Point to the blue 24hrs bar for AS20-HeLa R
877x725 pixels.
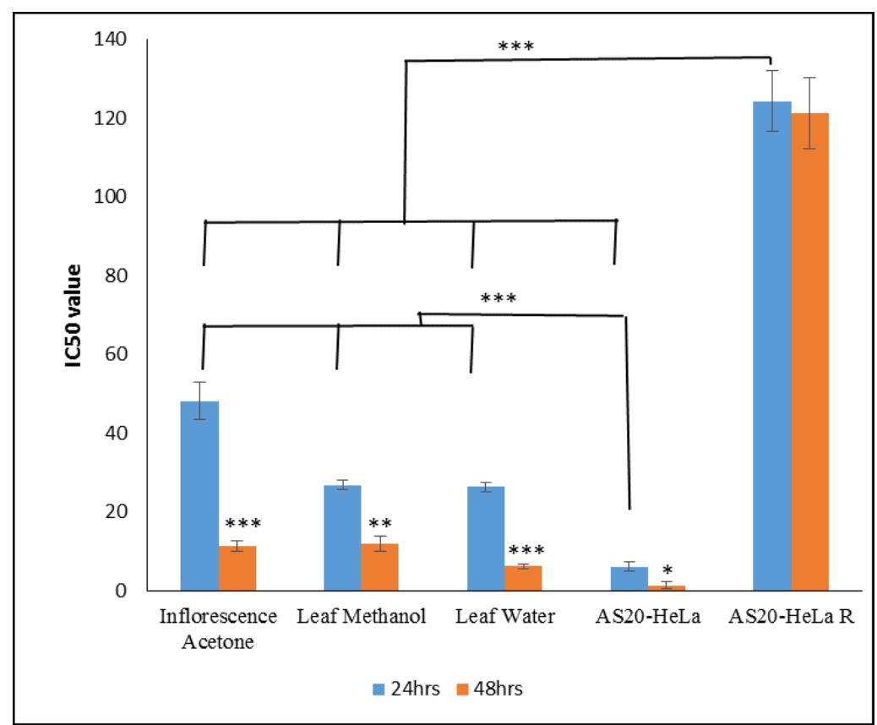click(772, 346)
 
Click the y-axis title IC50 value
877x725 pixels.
click(74, 315)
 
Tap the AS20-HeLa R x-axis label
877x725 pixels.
click(791, 616)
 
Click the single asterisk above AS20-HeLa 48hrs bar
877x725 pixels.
click(667, 570)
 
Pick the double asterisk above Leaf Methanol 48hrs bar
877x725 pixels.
click(379, 524)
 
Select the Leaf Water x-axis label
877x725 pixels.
click(504, 616)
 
